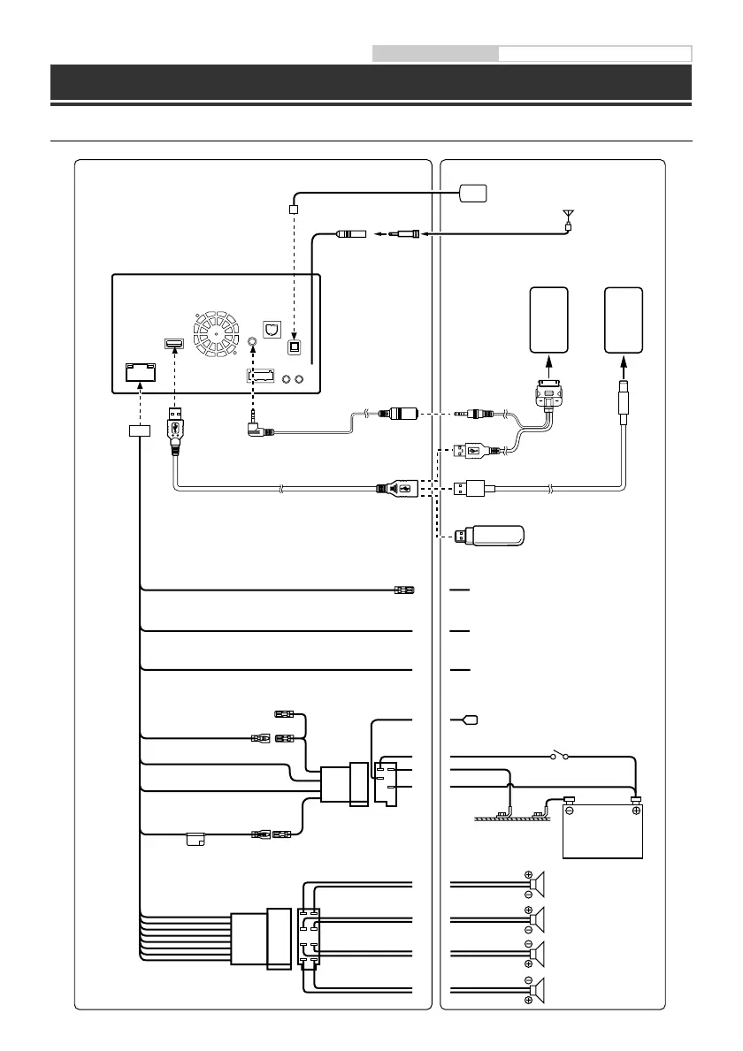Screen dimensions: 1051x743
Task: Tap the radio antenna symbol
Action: pos(567,216)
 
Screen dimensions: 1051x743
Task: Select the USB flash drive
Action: pos(491,536)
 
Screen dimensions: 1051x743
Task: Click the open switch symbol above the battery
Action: pos(560,757)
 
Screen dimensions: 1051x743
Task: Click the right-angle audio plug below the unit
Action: pos(256,430)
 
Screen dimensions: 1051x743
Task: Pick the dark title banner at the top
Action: pos(371,82)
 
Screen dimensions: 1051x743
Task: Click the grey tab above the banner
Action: pos(435,53)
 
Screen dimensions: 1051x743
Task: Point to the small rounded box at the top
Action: pos(474,192)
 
